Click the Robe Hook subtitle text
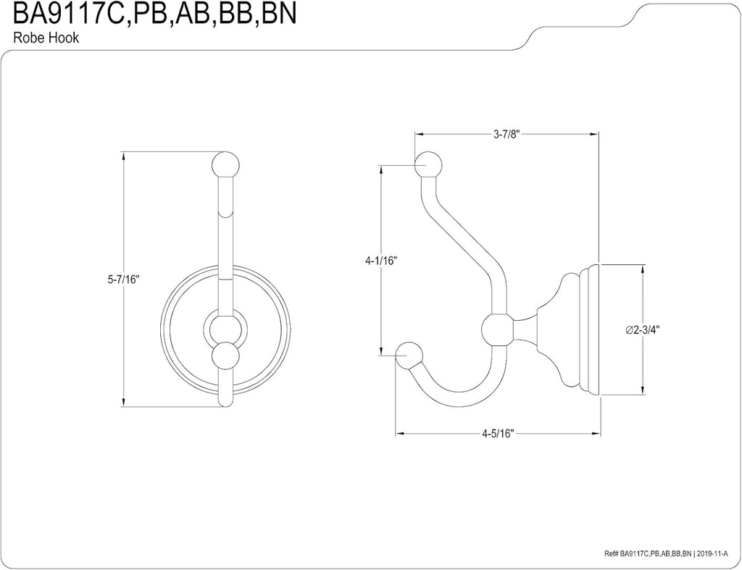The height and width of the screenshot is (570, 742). coord(46,39)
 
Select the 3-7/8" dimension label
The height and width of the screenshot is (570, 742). coord(505,134)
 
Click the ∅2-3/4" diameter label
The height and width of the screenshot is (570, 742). coord(642,330)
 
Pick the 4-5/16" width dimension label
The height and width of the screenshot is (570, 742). coord(497,435)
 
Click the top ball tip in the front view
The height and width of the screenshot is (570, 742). coord(226,164)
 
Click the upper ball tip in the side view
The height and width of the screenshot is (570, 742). coord(427,165)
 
